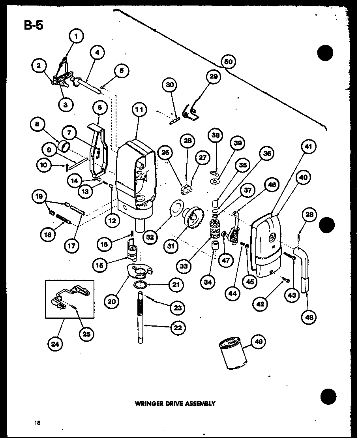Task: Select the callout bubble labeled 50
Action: click(x=228, y=62)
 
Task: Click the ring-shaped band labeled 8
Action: click(x=65, y=148)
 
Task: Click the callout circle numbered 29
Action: click(x=214, y=77)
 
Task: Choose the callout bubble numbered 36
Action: click(x=267, y=154)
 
